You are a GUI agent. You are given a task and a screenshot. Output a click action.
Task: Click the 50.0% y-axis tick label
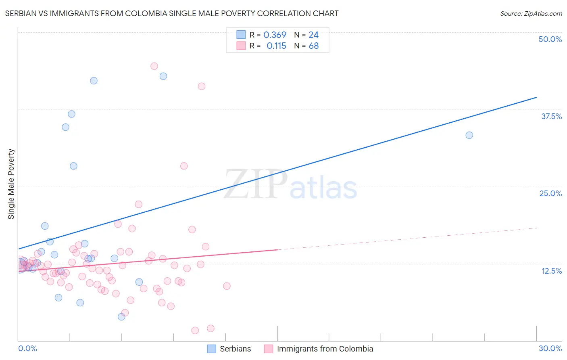click(550, 39)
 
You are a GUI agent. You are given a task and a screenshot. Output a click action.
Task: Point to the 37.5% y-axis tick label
click(551, 116)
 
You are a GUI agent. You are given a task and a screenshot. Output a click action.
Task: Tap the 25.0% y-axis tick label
click(550, 193)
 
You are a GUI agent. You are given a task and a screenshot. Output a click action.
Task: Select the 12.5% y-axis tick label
click(551, 270)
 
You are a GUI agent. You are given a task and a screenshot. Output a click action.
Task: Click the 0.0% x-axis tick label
click(27, 348)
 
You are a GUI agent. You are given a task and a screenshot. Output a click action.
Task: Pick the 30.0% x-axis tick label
click(550, 348)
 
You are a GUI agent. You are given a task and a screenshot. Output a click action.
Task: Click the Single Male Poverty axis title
click(11, 184)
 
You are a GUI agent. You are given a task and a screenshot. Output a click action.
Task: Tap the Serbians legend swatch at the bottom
click(212, 349)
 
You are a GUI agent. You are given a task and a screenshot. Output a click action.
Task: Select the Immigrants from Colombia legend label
click(325, 349)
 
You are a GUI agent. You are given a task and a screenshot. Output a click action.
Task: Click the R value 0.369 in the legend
click(275, 35)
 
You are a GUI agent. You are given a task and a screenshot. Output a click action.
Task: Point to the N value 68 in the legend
click(314, 46)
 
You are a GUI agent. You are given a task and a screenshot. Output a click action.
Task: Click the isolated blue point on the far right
click(469, 135)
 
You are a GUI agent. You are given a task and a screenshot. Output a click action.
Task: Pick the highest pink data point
click(154, 66)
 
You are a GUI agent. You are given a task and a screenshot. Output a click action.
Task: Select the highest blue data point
click(163, 76)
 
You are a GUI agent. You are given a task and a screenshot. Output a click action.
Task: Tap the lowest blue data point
click(121, 317)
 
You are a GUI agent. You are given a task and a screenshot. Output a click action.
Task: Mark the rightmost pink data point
click(227, 286)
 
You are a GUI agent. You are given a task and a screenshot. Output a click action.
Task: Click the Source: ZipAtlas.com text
click(531, 13)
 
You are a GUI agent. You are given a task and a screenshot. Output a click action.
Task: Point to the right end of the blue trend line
click(536, 97)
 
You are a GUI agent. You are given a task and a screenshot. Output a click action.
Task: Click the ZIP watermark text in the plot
click(256, 184)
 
